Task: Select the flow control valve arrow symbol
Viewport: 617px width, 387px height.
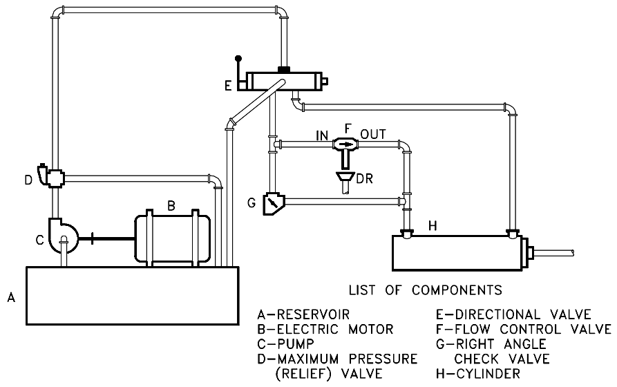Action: point(344,144)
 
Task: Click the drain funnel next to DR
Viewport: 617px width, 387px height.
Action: point(343,180)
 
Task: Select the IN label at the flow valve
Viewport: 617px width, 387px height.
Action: point(321,133)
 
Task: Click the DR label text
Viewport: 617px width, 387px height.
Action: point(365,180)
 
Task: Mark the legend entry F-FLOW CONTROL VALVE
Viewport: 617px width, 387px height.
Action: point(521,329)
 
